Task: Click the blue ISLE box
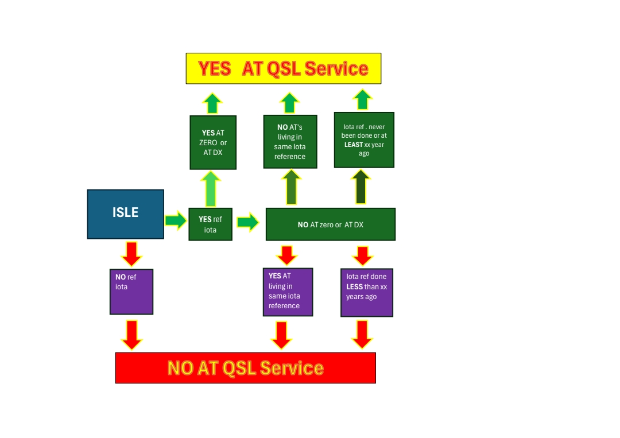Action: [125, 214]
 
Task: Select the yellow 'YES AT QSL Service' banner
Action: [283, 68]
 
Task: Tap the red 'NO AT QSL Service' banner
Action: [245, 367]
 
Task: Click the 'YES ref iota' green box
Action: [210, 224]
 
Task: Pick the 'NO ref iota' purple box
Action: [131, 292]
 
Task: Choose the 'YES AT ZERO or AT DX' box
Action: [213, 142]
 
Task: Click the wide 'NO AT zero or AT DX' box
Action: [330, 224]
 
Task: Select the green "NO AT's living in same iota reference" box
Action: [290, 142]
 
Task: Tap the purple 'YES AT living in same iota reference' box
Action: [288, 292]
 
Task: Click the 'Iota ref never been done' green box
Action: [364, 140]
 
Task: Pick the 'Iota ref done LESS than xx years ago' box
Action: [366, 292]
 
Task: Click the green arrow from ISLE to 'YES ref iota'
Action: [176, 220]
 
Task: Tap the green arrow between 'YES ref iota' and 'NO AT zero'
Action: [248, 222]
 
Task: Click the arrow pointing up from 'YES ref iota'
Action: [211, 188]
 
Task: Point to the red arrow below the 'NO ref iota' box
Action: [131, 335]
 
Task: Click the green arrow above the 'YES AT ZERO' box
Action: [212, 103]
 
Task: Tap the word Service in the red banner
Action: [292, 368]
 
